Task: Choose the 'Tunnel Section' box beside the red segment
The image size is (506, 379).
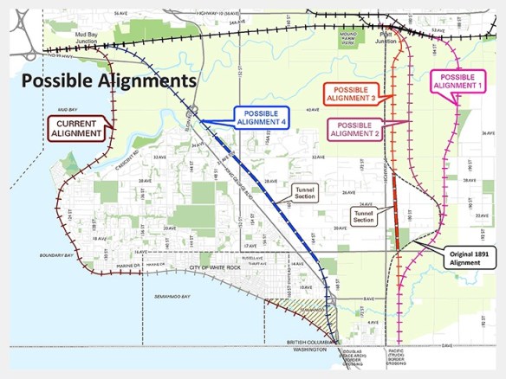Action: point(365,216)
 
